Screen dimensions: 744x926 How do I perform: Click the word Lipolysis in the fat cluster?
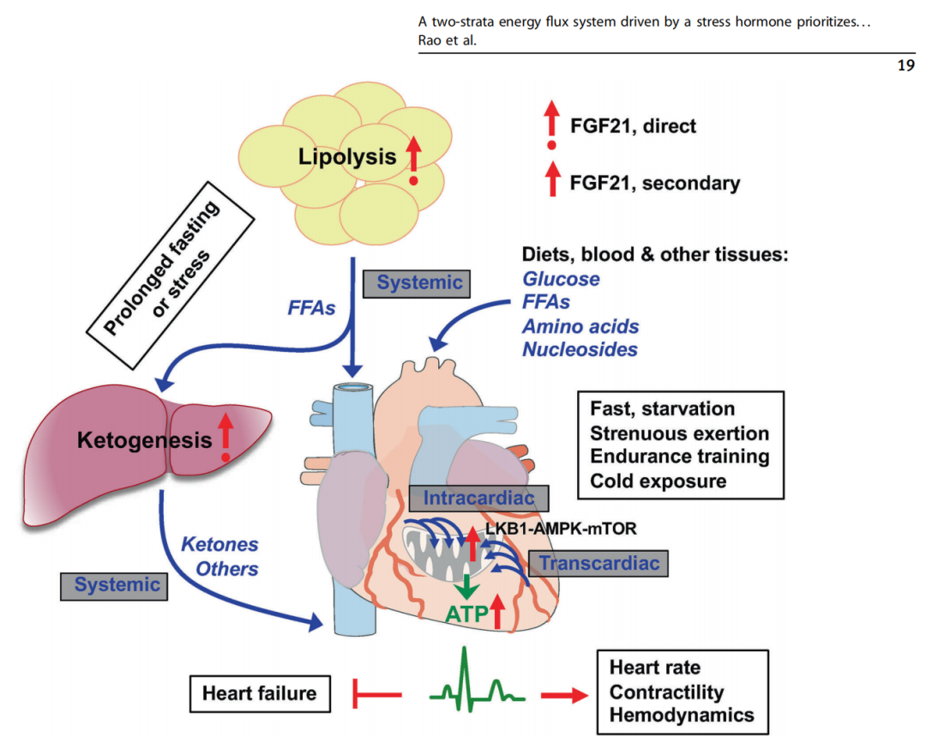[x=347, y=156]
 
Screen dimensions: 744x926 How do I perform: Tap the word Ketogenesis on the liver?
[x=144, y=441]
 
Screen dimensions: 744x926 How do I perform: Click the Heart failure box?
[x=260, y=692]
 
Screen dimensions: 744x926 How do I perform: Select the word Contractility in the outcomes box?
[x=666, y=692]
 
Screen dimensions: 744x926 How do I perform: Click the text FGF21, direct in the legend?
[x=633, y=126]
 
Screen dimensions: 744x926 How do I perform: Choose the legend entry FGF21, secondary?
[x=654, y=183]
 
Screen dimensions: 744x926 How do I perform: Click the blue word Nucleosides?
[x=580, y=349]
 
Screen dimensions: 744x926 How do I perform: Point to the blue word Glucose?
[x=561, y=279]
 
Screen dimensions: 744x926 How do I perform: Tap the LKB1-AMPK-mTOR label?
[x=568, y=529]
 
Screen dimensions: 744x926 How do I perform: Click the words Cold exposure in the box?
[x=658, y=481]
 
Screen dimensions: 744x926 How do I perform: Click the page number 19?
[x=905, y=65]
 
